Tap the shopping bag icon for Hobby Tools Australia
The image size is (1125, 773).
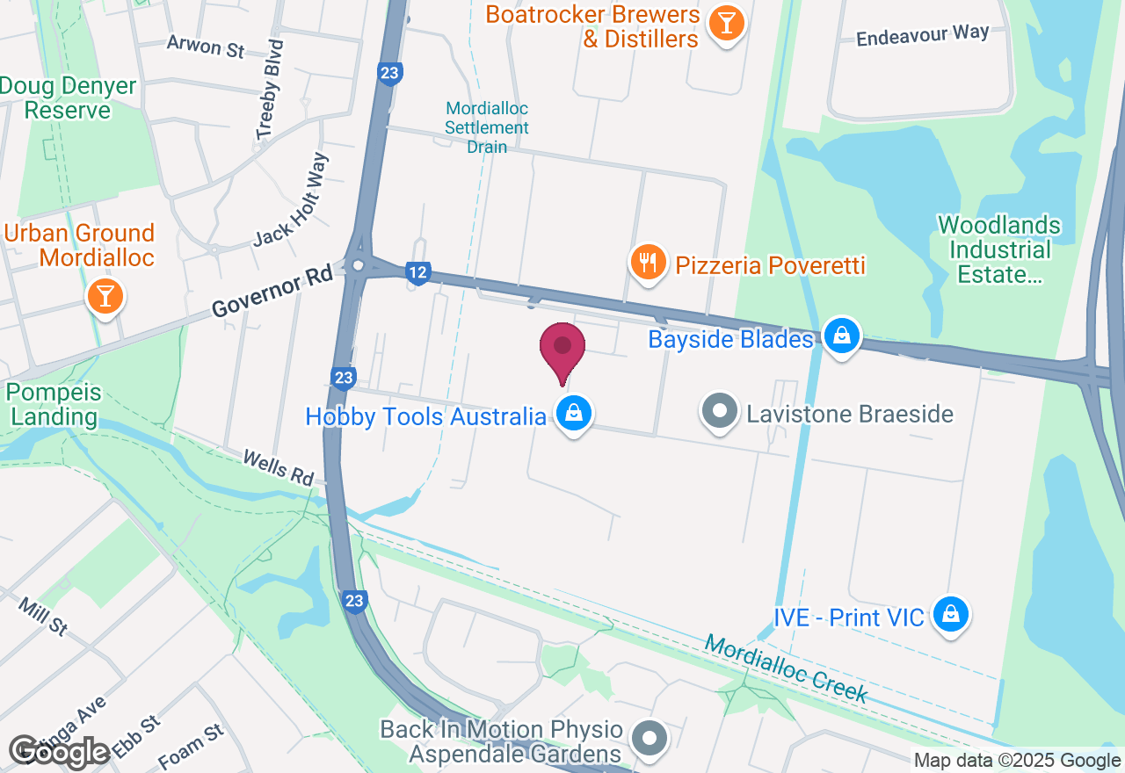574,412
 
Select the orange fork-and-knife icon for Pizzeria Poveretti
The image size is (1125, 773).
648,263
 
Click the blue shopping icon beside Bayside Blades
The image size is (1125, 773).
842,336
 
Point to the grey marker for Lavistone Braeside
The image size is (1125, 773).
721,411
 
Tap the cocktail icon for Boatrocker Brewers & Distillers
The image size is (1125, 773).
726,23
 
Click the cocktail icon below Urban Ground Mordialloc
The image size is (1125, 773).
105,295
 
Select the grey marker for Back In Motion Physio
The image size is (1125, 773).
650,737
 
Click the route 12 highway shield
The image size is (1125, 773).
418,273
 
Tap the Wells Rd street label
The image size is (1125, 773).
278,467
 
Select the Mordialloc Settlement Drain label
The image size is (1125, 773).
487,127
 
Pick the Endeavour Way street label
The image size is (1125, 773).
923,35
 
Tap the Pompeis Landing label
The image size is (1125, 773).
54,404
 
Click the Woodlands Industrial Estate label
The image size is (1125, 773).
999,250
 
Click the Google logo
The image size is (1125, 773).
60,752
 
